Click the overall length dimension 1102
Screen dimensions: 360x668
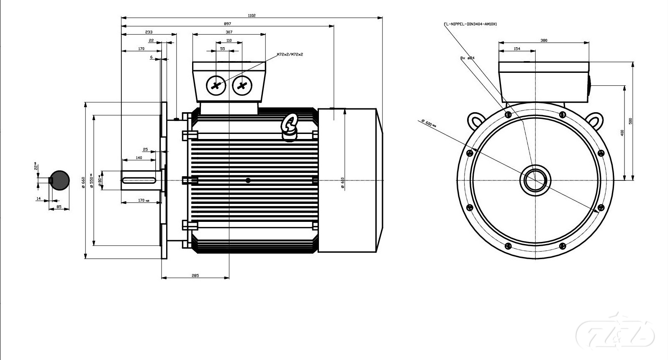pyautogui.click(x=252, y=15)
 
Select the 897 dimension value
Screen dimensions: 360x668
pyautogui.click(x=228, y=24)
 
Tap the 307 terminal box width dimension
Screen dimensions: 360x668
pyautogui.click(x=229, y=32)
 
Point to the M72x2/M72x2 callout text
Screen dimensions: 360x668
pyautogui.click(x=290, y=54)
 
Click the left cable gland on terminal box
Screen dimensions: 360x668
pyautogui.click(x=216, y=86)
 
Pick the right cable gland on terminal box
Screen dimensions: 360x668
pyautogui.click(x=242, y=86)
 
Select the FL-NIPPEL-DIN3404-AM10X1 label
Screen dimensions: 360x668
pyautogui.click(x=470, y=24)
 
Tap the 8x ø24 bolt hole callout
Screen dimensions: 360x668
pyautogui.click(x=467, y=58)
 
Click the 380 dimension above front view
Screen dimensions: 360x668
pyautogui.click(x=544, y=41)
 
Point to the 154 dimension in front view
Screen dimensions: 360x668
pyautogui.click(x=517, y=49)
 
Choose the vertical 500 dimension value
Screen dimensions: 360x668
pyautogui.click(x=630, y=121)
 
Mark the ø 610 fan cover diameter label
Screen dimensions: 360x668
pyautogui.click(x=342, y=183)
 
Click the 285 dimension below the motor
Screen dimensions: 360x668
pyautogui.click(x=195, y=275)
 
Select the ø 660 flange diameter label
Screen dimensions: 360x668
pyautogui.click(x=83, y=182)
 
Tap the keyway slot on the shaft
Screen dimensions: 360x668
pyautogui.click(x=139, y=180)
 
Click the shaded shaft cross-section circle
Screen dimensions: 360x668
pyautogui.click(x=60, y=180)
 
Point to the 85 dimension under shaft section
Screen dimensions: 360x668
pyautogui.click(x=59, y=207)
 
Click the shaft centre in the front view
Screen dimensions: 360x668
pyautogui.click(x=535, y=180)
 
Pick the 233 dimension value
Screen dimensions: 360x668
pyautogui.click(x=149, y=32)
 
